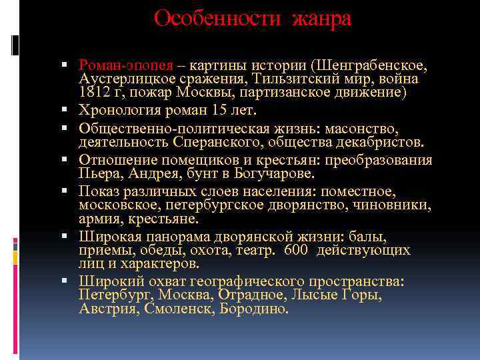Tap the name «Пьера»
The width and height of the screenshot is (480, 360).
coord(97,173)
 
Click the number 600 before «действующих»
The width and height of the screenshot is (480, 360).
coord(297,251)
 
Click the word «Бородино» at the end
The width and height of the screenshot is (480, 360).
coord(255,309)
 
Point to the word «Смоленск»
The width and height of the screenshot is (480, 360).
coord(173,309)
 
